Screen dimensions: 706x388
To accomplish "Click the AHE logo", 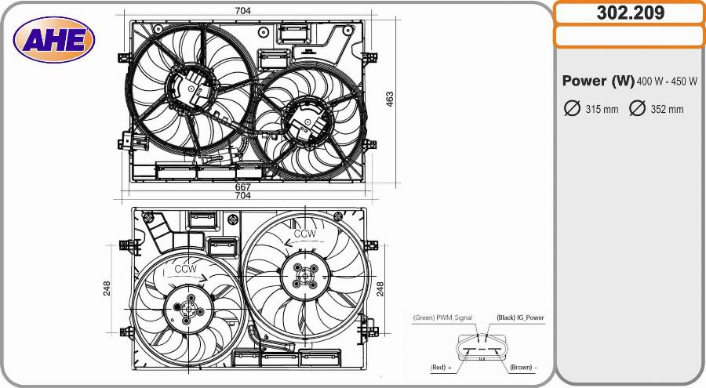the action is coord(54,40).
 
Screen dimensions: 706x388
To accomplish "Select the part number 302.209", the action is coord(631,13).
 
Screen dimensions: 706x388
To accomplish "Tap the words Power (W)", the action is coord(598,81).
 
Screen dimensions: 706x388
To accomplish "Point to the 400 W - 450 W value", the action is coord(667,82).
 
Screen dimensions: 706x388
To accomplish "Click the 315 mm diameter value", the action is coord(602,110).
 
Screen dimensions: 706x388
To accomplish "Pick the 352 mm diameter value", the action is coord(667,110).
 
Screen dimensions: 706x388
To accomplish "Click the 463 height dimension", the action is coord(389,99).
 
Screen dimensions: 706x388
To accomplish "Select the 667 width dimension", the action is coord(242,187).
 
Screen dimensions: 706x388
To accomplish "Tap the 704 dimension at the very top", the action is coord(242,10).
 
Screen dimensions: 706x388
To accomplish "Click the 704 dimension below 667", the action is coord(242,195).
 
